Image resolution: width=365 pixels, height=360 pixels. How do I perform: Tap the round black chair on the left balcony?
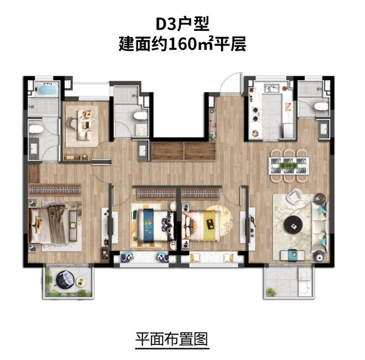(x=65, y=279)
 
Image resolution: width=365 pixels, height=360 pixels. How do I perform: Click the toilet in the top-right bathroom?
(x=319, y=106)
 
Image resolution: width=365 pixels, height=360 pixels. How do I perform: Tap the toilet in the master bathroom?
(x=36, y=129)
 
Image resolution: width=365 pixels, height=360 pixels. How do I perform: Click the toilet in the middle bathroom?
(x=140, y=116)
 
